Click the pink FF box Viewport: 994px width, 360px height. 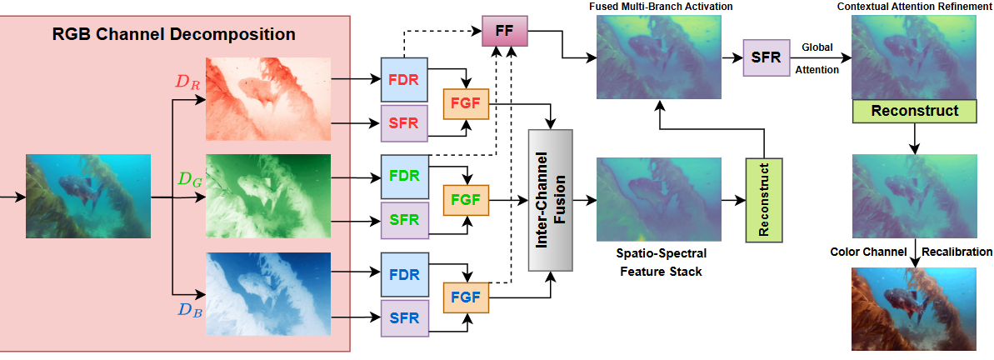505,32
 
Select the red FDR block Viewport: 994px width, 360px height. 403,82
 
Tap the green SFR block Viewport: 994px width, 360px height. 403,220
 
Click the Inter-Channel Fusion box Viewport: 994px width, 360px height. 552,201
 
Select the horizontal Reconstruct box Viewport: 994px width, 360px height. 914,111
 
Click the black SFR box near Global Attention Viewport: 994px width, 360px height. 766,57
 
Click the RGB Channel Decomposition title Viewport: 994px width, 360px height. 175,35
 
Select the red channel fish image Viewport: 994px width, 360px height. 267,100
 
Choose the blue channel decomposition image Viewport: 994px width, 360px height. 267,294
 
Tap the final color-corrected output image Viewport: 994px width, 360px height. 914,309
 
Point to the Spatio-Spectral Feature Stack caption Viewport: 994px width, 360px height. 657,261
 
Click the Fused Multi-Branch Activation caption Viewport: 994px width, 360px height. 661,7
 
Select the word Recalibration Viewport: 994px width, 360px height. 957,252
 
